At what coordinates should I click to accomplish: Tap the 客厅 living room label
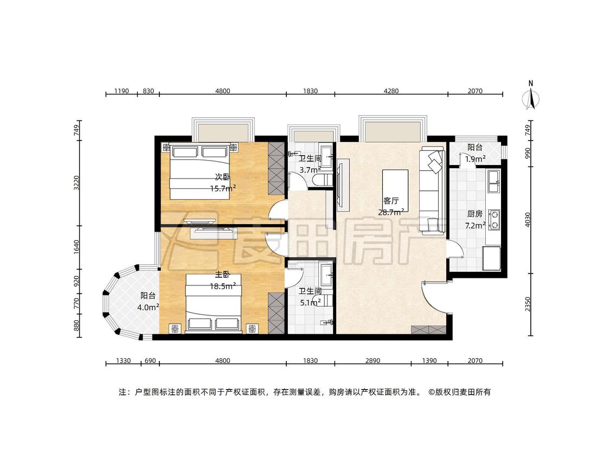coord(391,201)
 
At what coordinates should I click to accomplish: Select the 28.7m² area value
coord(391,212)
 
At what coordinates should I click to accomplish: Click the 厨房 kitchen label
coord(474,214)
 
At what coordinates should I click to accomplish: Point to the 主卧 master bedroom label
coord(222,275)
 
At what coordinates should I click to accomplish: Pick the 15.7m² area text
coord(223,188)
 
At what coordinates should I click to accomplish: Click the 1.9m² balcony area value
coord(475,158)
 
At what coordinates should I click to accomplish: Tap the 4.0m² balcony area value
coord(148,307)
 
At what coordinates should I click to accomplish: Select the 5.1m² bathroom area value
coord(310,302)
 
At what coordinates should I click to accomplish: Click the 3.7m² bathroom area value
coord(310,170)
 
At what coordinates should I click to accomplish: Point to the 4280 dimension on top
coord(391,91)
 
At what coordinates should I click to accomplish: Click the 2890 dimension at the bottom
coord(373,361)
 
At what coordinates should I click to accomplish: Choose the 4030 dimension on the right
coord(528,220)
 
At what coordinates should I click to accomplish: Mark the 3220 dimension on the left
coord(76,183)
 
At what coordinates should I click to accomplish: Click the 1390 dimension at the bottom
coord(429,361)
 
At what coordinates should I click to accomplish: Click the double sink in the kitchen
coord(494,181)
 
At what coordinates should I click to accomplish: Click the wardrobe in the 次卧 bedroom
coord(276,168)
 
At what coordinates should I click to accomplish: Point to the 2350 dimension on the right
coord(528,304)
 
